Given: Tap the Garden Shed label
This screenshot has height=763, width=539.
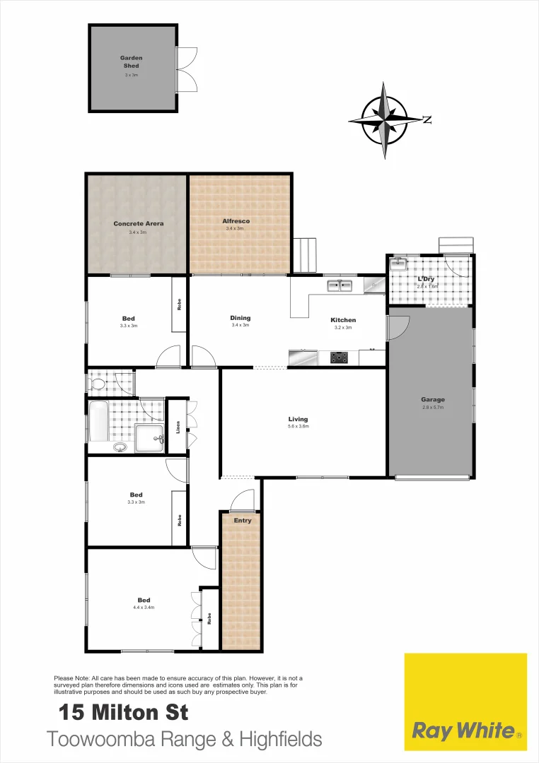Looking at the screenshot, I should pos(132,61).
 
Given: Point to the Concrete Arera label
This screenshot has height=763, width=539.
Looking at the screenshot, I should pos(139,224).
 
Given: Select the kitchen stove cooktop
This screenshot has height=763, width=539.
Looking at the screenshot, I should pos(340,357).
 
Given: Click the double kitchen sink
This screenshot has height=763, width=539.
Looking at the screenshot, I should pos(340,285).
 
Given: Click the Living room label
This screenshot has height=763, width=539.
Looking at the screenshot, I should pos(298,420).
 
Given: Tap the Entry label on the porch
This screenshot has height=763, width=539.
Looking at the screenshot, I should pos(243,521).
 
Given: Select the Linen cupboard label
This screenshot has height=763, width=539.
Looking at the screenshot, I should pos(178,427).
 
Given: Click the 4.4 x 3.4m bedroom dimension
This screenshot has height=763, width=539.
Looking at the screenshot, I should pos(144,608).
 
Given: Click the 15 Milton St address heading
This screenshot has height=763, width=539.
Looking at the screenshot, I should pos(123,713).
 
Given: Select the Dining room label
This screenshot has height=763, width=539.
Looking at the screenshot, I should pos(240,318).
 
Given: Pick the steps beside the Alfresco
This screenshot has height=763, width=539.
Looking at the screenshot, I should pos(305,255).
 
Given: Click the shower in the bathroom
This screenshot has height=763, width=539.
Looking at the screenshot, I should pos(149,438).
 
